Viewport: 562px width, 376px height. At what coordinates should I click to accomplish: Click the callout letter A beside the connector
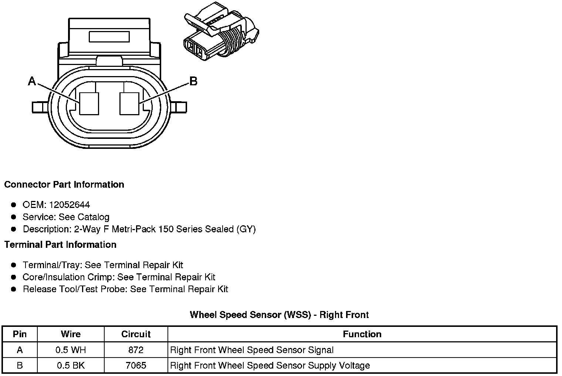(32, 81)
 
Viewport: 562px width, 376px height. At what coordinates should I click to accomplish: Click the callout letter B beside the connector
(193, 81)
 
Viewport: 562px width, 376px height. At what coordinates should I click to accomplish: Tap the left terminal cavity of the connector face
(89, 103)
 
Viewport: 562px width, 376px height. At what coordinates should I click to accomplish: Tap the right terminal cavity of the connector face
(129, 103)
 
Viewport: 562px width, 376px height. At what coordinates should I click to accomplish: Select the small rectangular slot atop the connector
(109, 37)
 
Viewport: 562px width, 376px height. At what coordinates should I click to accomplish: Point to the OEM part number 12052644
(70, 205)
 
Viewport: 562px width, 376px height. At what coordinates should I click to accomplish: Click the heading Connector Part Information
(64, 184)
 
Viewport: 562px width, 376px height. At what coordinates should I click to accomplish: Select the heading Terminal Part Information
(60, 245)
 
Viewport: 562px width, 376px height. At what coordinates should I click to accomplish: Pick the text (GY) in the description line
(246, 229)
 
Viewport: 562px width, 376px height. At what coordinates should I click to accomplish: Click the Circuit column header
(136, 334)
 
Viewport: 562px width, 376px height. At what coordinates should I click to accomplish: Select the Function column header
(362, 334)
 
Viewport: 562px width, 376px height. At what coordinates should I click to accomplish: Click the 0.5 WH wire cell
(71, 350)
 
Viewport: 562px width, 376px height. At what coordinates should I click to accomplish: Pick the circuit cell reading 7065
(136, 366)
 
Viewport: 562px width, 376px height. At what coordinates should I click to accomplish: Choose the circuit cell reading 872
(136, 350)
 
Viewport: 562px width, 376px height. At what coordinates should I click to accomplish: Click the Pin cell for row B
(20, 366)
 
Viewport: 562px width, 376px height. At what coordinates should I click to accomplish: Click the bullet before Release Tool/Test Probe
(14, 289)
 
